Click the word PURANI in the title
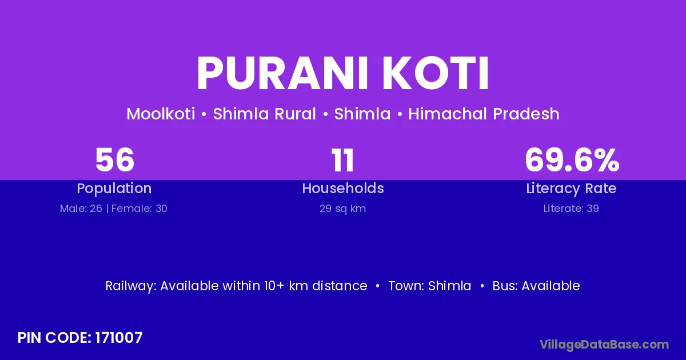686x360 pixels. [282, 73]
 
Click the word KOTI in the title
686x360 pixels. [435, 73]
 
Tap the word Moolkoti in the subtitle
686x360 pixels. [161, 114]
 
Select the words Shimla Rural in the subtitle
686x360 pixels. [264, 114]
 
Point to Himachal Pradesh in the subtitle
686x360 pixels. [484, 114]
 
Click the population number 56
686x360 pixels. [115, 160]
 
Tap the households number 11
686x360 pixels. [342, 160]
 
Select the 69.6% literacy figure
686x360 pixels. [572, 160]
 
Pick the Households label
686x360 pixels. [343, 188]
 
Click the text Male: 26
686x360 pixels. [81, 209]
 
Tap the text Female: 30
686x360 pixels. [139, 209]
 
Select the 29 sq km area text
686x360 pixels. [342, 209]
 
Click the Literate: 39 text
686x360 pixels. [571, 209]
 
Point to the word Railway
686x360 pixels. [131, 286]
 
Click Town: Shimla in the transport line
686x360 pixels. [430, 286]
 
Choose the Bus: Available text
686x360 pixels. [536, 286]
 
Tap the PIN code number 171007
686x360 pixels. [119, 338]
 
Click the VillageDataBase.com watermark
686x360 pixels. [604, 345]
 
